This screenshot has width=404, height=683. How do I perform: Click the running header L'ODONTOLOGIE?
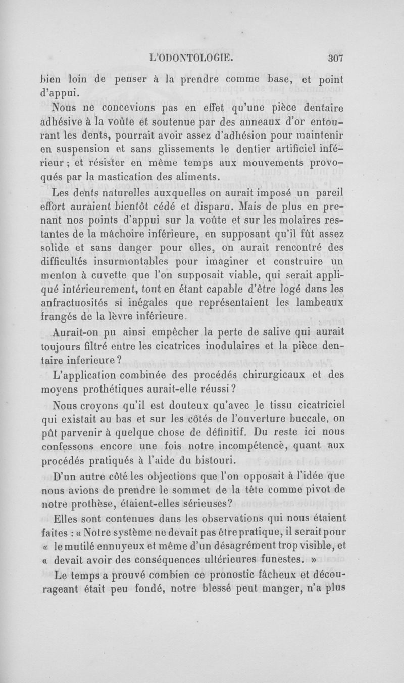(x=194, y=58)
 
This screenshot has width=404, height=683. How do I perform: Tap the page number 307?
(x=334, y=58)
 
